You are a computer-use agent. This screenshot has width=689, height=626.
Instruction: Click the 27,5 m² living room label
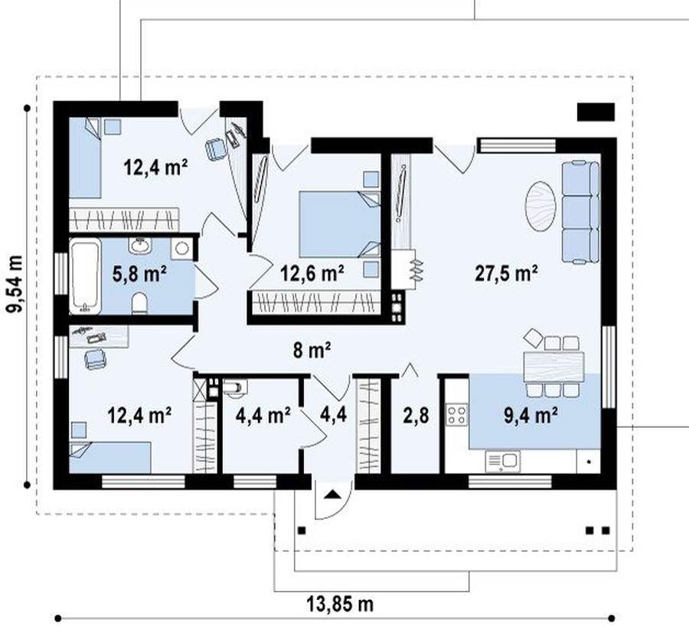(506, 273)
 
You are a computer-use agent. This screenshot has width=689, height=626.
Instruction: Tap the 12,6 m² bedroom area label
(312, 273)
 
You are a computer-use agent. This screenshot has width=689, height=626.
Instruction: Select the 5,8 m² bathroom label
(139, 274)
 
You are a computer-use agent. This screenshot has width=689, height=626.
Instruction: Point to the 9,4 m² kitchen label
(531, 415)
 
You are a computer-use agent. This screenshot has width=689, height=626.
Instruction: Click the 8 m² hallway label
(312, 350)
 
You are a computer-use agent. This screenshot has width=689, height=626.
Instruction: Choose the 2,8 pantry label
(416, 415)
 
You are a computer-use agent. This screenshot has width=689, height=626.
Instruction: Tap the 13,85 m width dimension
(340, 605)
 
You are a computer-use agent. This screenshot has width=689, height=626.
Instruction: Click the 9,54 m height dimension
(15, 284)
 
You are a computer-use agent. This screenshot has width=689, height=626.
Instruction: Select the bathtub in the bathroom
(85, 276)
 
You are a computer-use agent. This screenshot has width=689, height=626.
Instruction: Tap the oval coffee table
(540, 206)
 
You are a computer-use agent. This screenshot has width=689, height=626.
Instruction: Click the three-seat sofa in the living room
(580, 213)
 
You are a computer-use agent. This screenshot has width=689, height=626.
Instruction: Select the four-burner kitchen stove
(456, 415)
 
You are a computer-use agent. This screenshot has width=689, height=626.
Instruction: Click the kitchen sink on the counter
(503, 461)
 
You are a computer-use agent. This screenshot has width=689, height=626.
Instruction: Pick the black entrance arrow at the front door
(333, 494)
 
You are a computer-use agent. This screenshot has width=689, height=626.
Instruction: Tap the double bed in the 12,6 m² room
(339, 224)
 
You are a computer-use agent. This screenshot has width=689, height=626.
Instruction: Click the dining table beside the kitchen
(553, 367)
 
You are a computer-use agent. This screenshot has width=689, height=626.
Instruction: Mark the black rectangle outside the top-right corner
(596, 112)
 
